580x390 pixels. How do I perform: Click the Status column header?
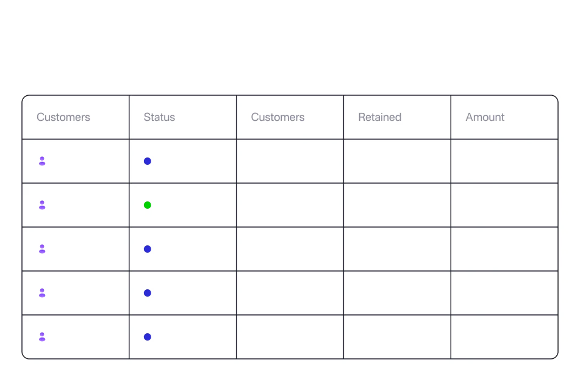coord(159,117)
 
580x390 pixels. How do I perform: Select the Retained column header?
coord(379,117)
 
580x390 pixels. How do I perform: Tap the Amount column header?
coord(485,117)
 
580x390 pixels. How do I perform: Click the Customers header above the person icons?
coord(63,117)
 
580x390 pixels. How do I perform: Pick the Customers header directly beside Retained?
coord(277,117)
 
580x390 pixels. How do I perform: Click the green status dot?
coord(147,205)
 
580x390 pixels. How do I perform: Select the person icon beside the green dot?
coord(42,205)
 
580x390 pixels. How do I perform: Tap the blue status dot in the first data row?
coord(147,161)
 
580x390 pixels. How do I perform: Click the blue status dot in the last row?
coord(147,337)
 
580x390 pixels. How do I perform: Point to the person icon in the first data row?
coord(42,161)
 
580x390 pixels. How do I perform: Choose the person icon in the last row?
coord(42,337)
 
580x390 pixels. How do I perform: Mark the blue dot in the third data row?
coord(147,249)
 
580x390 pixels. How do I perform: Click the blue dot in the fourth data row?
coord(147,293)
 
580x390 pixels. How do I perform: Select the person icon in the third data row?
coord(42,249)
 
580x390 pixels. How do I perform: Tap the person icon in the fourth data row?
coord(42,293)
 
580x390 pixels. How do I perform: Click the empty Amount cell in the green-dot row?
coord(504,205)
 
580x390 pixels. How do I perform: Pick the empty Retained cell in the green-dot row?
coord(397,205)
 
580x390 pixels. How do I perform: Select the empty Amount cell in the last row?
coord(504,337)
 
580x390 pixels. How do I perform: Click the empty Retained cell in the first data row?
coord(397,161)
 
